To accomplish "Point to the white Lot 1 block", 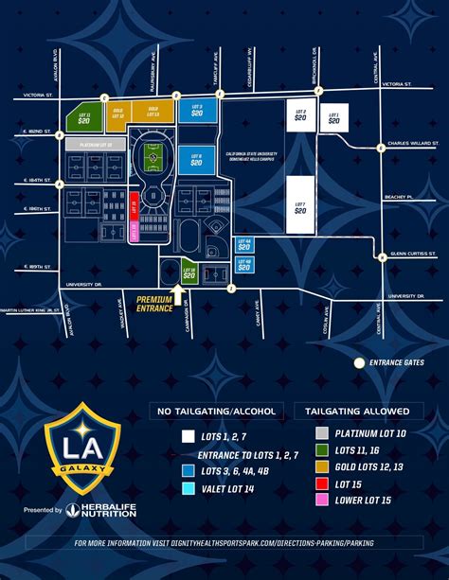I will point(332,119).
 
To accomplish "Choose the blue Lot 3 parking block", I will point(197,111).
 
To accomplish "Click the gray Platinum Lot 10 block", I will point(96,144).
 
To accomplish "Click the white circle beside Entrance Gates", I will point(359,362).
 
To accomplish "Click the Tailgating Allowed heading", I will point(352,412).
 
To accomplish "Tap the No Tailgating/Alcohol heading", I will point(218,412).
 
